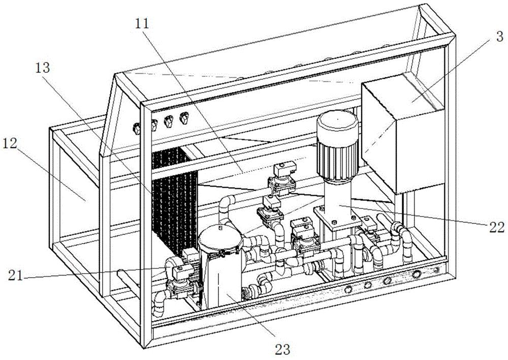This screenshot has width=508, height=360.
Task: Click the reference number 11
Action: (142, 23)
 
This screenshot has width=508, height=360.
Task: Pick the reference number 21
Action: (16, 276)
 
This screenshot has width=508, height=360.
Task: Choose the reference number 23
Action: (282, 350)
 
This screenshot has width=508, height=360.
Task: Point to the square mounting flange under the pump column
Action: (337, 219)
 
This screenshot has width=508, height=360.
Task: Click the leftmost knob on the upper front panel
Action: (136, 129)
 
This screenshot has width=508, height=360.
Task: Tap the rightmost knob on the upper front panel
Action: (184, 117)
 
